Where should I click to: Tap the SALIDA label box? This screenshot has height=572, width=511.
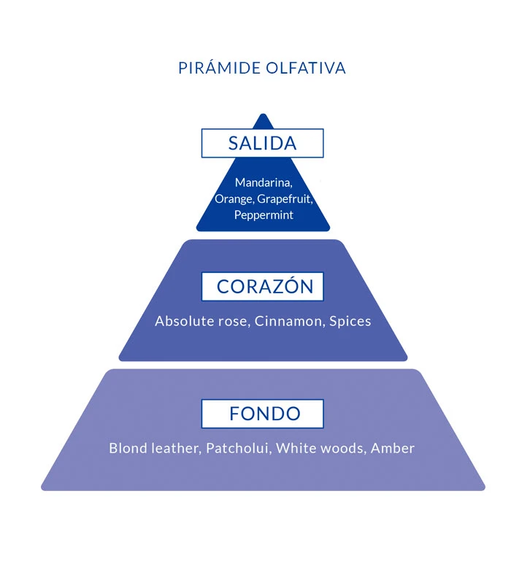click(x=262, y=143)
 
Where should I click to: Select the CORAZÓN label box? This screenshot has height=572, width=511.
click(x=262, y=287)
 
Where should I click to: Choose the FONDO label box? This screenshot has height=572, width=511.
click(x=262, y=414)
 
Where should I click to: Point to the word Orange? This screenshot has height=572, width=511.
click(x=231, y=199)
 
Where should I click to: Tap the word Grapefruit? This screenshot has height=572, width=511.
click(x=284, y=199)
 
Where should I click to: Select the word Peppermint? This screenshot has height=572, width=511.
click(x=264, y=215)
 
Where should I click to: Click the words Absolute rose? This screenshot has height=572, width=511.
click(x=201, y=321)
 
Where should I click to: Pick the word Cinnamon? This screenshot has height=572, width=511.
click(x=289, y=321)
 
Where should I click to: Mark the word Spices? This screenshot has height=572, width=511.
click(x=350, y=321)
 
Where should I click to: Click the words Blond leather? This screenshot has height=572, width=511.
click(x=153, y=448)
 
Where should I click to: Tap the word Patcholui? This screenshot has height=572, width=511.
click(x=238, y=448)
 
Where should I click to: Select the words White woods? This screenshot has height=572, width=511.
click(x=320, y=448)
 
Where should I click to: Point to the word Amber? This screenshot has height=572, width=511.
click(x=393, y=448)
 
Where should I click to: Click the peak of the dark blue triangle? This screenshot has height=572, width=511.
click(x=263, y=115)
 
